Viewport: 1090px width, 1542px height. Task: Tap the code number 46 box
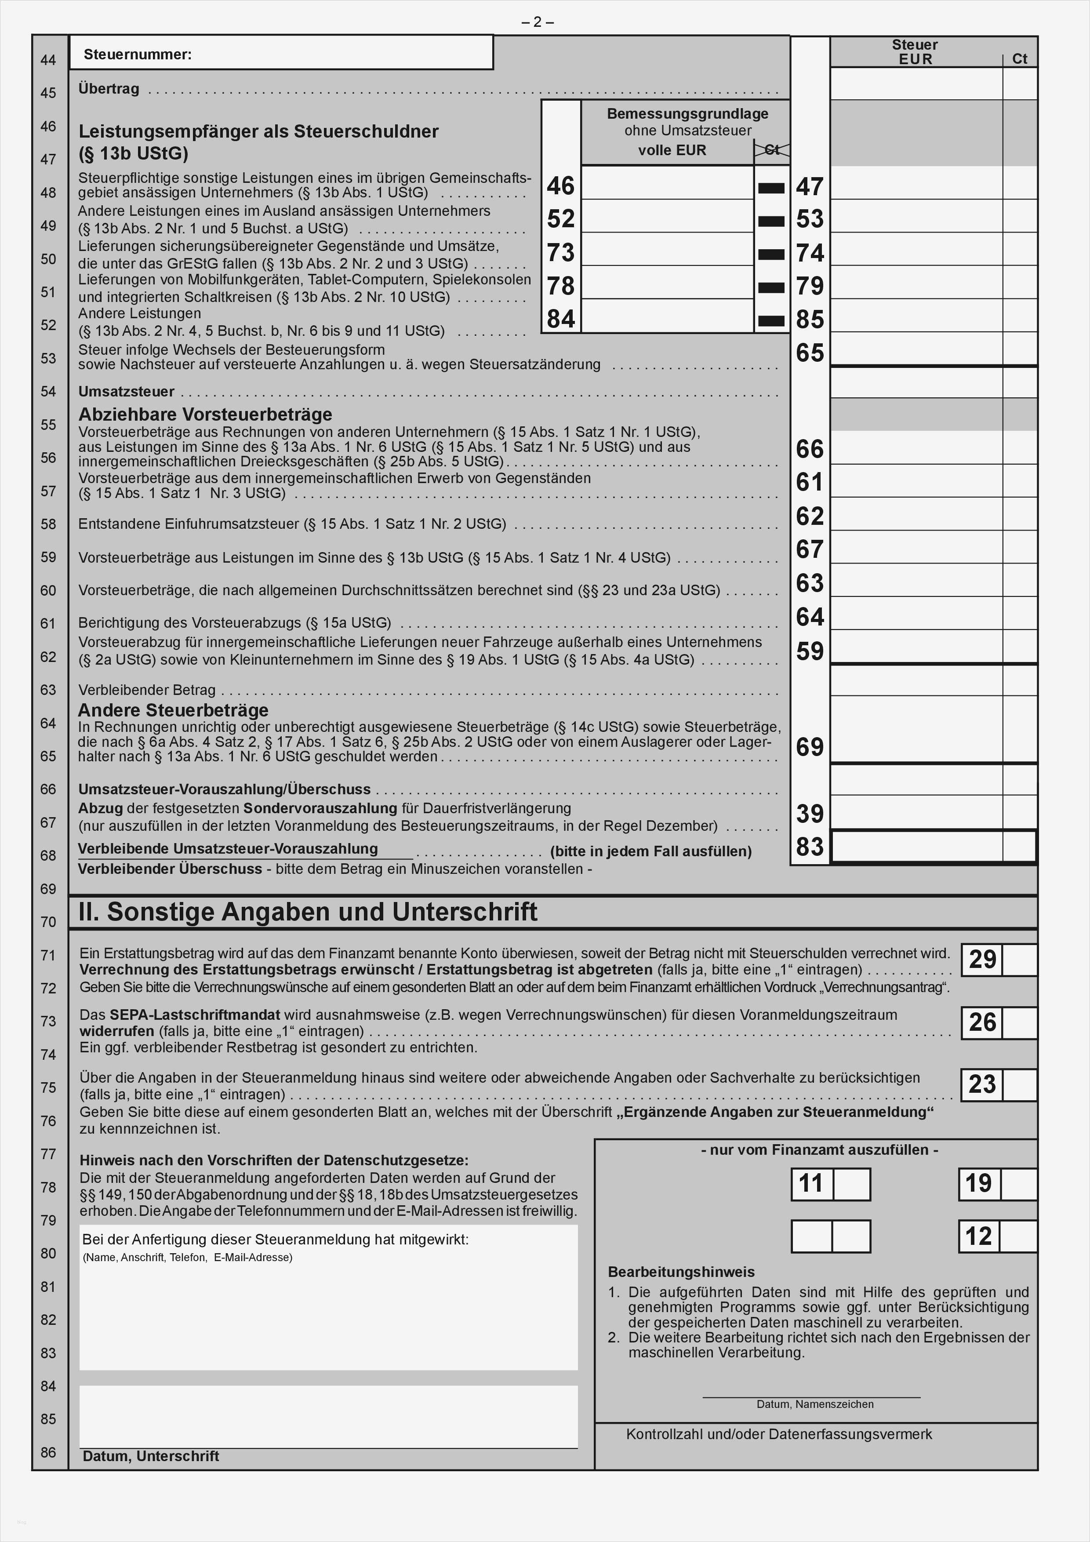pyautogui.click(x=561, y=185)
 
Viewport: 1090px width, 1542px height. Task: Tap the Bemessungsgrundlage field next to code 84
pyautogui.click(x=667, y=316)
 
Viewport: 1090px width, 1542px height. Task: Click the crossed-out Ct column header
pyautogui.click(x=772, y=150)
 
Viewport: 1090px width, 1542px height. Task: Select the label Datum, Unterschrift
pyautogui.click(x=150, y=1456)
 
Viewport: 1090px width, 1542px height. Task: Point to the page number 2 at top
pyautogui.click(x=537, y=22)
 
